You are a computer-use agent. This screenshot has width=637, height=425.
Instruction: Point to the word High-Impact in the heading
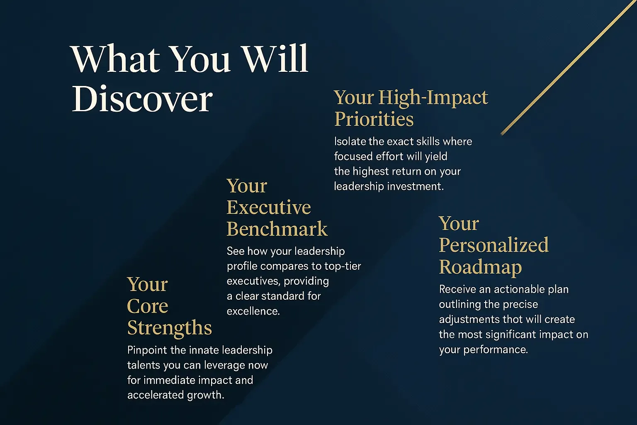pyautogui.click(x=433, y=98)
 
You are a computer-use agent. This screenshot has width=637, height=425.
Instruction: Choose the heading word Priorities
pyautogui.click(x=374, y=119)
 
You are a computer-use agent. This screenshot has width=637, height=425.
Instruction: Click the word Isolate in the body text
pyautogui.click(x=350, y=142)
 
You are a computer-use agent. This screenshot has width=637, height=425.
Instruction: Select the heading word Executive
pyautogui.click(x=269, y=208)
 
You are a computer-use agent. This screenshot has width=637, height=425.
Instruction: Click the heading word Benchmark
pyautogui.click(x=277, y=229)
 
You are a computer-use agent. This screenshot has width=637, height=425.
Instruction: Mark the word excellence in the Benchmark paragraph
pyautogui.click(x=253, y=311)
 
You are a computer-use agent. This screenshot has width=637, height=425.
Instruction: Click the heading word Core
pyautogui.click(x=148, y=306)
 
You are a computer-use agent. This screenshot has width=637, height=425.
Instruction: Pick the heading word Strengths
pyautogui.click(x=170, y=328)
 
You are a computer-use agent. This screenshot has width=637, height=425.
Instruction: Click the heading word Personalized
pyautogui.click(x=494, y=245)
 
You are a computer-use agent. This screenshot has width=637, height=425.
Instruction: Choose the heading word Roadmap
pyautogui.click(x=480, y=267)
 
